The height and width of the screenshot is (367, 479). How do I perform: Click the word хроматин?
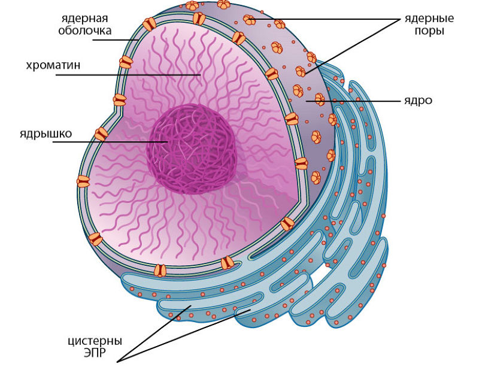53,65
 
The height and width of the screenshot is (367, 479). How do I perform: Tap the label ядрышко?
46,134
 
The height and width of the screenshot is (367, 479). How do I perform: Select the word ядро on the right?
418,101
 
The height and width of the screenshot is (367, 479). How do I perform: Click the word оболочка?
84,31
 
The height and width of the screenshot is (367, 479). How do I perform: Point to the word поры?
429,31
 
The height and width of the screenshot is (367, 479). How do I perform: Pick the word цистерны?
95,341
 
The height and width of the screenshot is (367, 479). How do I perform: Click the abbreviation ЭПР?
95,353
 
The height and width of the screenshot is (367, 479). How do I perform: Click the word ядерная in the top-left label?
84,18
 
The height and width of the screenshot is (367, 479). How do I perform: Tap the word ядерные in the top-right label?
429,19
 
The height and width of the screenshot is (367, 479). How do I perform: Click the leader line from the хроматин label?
128,75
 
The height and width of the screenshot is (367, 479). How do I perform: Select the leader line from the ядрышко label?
110,142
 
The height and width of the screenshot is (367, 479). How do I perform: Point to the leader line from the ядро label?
353,101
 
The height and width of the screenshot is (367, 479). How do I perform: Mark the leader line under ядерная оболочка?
116,40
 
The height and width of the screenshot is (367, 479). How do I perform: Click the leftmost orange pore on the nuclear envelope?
83,181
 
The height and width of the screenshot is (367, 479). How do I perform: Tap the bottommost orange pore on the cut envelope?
160,271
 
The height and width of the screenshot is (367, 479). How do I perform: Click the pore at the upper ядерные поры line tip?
249,20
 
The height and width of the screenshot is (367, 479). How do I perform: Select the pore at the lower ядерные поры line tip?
301,71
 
